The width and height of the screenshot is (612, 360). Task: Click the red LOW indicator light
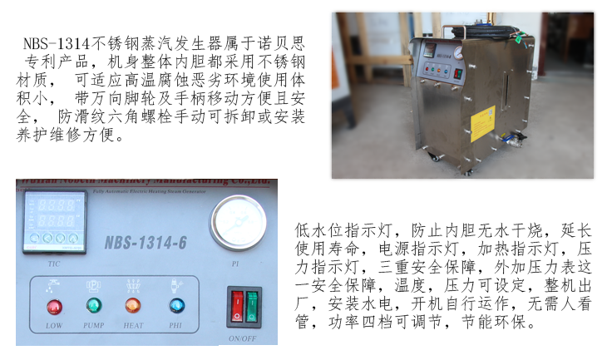point(54,305)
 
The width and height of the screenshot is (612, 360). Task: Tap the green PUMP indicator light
point(93,305)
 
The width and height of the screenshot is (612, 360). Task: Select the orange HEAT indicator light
point(133,305)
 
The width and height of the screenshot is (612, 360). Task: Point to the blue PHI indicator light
point(175,305)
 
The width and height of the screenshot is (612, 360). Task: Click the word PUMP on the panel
point(93,325)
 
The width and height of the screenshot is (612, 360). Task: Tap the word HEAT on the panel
point(133,325)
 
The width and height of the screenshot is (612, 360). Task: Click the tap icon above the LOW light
point(54,284)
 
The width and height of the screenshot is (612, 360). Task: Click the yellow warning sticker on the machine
point(482,121)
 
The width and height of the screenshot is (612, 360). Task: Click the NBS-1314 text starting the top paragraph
point(54,42)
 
